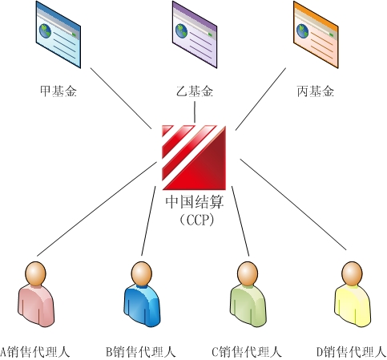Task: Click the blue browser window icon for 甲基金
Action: [x=58, y=34]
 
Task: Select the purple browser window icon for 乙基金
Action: [x=195, y=34]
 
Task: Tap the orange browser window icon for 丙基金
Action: [x=316, y=34]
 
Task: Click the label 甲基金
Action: [x=58, y=91]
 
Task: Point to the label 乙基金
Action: [x=195, y=91]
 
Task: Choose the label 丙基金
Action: [x=316, y=91]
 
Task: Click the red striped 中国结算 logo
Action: [x=194, y=157]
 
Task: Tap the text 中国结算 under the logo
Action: [x=195, y=202]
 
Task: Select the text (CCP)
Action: [x=197, y=220]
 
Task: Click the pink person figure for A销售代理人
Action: [x=36, y=294]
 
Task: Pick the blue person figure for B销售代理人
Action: [x=142, y=294]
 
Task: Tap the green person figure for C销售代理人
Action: [x=248, y=294]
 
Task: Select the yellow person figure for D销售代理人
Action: [x=353, y=294]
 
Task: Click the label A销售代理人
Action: [x=34, y=352]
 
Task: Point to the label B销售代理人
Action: [x=141, y=352]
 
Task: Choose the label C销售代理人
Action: [x=247, y=352]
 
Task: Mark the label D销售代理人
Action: [x=352, y=352]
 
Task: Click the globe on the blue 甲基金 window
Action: [x=45, y=31]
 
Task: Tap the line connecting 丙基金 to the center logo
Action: [x=260, y=99]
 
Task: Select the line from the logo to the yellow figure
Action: [x=293, y=204]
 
